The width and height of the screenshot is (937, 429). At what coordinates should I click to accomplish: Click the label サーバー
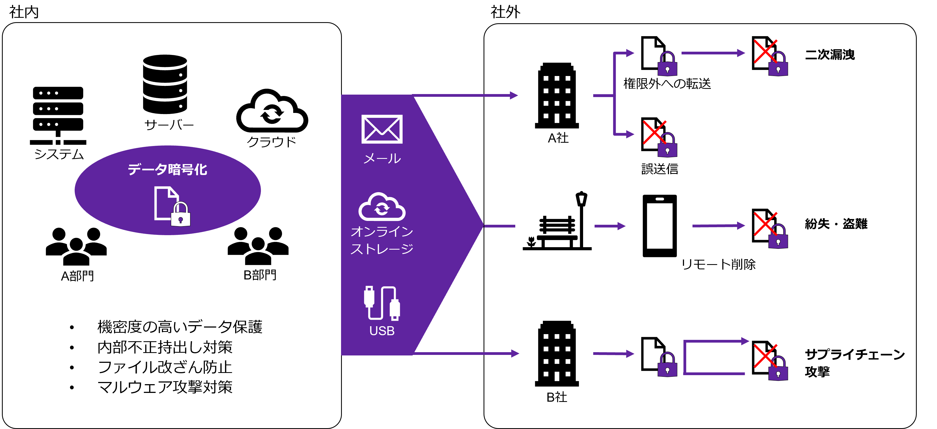click(x=169, y=125)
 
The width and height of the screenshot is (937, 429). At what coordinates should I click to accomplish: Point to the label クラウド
click(x=271, y=142)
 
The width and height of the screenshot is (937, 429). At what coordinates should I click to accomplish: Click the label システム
click(x=59, y=154)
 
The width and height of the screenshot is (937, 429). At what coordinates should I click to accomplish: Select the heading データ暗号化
click(x=167, y=170)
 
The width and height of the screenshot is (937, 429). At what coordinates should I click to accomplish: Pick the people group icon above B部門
click(x=258, y=246)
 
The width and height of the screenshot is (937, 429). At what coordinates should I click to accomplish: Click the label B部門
click(x=260, y=275)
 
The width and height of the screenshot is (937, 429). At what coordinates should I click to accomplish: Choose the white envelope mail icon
click(x=382, y=129)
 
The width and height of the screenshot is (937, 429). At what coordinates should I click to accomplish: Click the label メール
click(x=382, y=159)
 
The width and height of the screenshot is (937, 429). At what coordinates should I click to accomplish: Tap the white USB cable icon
click(x=382, y=303)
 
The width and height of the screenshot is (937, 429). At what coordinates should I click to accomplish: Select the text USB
click(x=382, y=331)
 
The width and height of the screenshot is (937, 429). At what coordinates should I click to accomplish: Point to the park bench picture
click(x=555, y=221)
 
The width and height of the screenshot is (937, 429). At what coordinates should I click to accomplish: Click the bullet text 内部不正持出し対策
click(x=165, y=347)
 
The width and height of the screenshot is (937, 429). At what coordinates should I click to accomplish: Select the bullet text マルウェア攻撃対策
click(x=165, y=387)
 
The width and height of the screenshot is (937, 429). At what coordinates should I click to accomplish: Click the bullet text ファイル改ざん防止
click(x=165, y=367)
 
